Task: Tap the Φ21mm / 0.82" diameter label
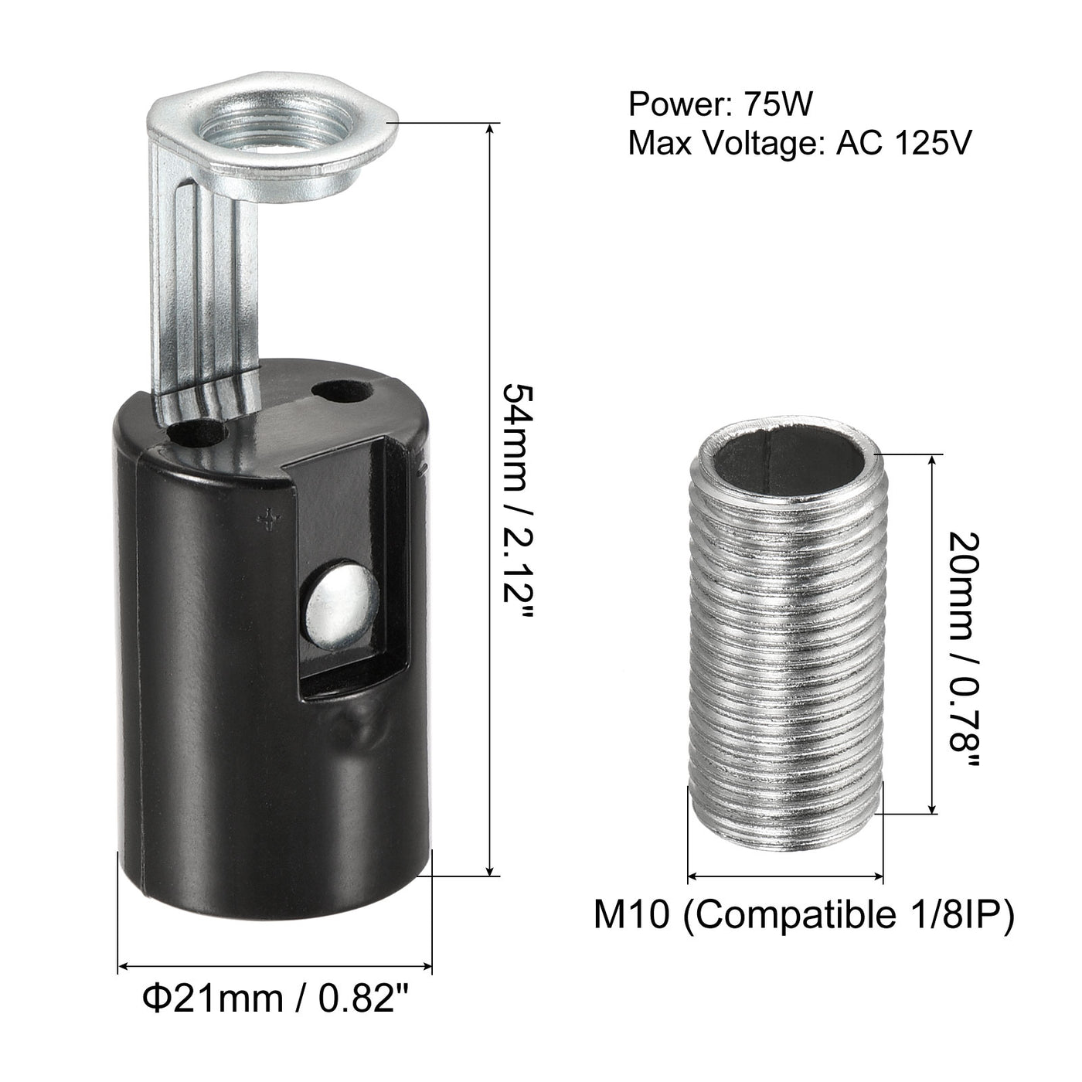coord(274,998)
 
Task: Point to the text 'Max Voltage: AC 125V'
coord(799,143)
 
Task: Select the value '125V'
coord(927,143)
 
